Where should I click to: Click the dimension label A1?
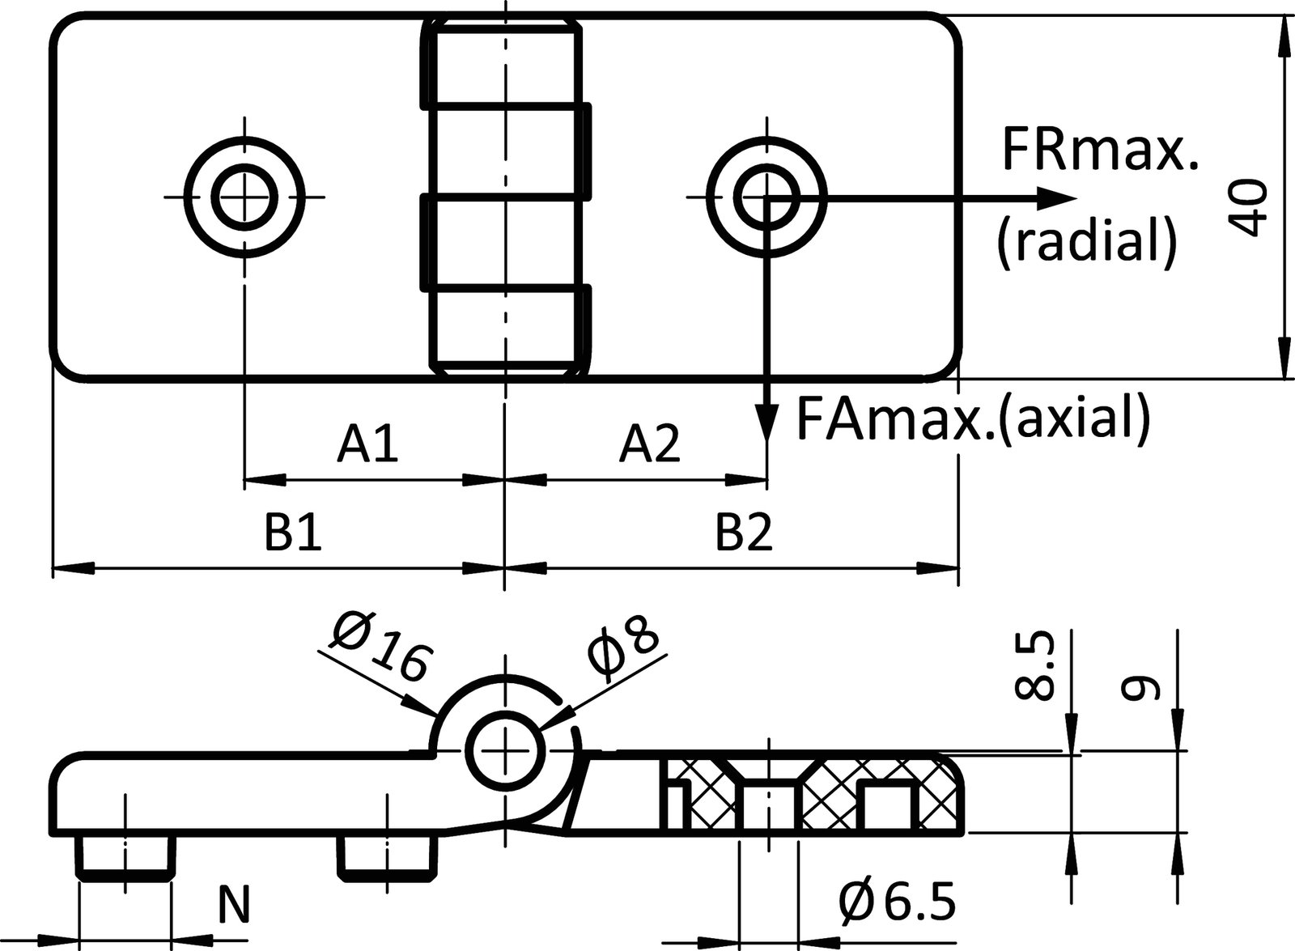(x=368, y=444)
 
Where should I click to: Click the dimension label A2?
(x=650, y=444)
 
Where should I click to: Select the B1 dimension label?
(x=294, y=533)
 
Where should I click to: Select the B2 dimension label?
(x=744, y=533)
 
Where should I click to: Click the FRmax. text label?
(x=1099, y=151)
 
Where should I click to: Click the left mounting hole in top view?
(x=245, y=197)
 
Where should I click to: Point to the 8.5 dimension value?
(x=1037, y=666)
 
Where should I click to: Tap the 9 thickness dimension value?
(x=1142, y=687)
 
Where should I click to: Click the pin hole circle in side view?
(x=506, y=750)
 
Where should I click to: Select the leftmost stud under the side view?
(x=125, y=857)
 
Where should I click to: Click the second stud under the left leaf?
(x=385, y=857)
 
